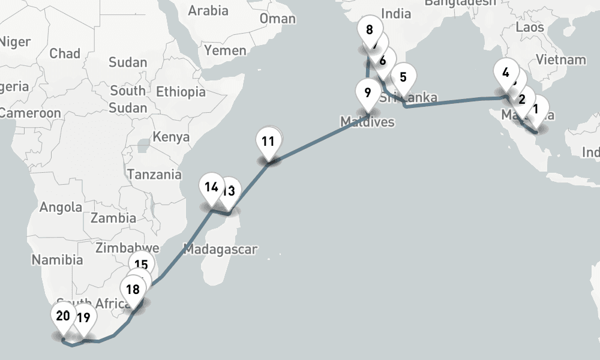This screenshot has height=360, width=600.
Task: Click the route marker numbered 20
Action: point(63,316)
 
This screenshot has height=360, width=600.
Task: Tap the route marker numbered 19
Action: point(83,318)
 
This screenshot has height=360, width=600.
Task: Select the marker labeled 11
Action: point(268,142)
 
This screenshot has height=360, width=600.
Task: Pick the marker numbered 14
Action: point(211,187)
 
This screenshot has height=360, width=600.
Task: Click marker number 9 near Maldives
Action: point(367,93)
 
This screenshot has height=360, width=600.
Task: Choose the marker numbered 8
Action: point(369,29)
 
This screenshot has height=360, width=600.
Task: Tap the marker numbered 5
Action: point(403,77)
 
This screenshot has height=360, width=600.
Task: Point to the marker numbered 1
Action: point(536,110)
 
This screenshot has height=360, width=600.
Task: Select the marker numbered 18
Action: point(133,290)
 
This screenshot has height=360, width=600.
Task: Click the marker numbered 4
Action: point(506,73)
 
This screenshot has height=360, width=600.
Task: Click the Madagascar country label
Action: point(220,249)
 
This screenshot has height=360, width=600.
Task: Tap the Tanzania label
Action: point(154,175)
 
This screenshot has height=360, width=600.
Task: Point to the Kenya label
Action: point(171,137)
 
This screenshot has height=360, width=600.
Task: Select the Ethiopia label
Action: point(181,92)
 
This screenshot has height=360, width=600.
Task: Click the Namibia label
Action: point(57,260)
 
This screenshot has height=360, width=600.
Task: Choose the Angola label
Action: point(61,208)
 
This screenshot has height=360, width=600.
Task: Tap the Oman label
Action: point(277,19)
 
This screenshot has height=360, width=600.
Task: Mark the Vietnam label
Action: point(560,59)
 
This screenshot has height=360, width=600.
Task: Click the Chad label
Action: point(65,53)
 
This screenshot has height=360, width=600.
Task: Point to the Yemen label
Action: point(225,50)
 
